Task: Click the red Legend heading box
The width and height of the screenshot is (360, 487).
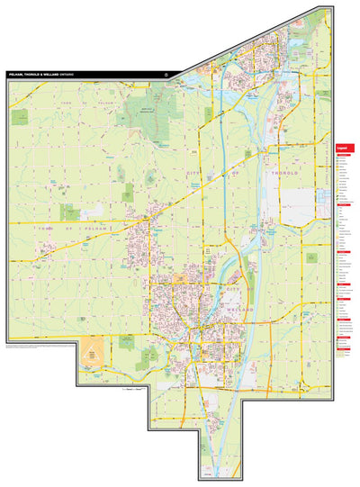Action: click(343, 149)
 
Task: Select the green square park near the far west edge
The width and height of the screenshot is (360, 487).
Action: click(68, 212)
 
